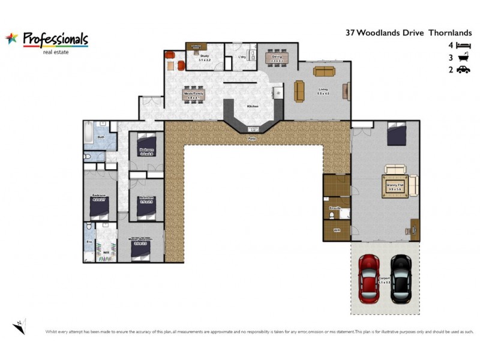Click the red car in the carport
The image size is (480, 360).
[369, 279]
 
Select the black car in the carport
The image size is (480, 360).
[400, 279]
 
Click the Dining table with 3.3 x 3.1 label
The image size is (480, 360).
[277, 58]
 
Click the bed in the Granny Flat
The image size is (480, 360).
[397, 134]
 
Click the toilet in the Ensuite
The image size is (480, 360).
[331, 215]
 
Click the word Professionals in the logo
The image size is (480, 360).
[55, 38]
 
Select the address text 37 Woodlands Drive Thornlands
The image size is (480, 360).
[409, 34]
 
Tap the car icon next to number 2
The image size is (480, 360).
[463, 70]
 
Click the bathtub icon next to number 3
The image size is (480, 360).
[463, 58]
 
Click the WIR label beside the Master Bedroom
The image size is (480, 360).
[106, 253]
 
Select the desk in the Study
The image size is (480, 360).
[196, 46]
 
